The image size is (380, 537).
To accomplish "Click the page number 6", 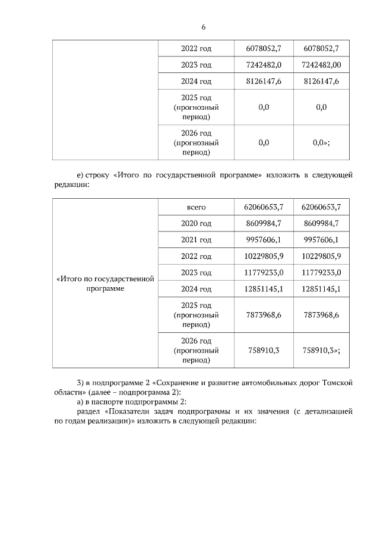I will coord(204,27).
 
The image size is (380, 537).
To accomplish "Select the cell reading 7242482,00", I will coord(321,65).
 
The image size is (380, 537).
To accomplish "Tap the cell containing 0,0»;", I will coord(321,142).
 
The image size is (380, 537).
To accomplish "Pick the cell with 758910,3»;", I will coord(321,350).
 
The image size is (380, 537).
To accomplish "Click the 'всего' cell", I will coord(196,206).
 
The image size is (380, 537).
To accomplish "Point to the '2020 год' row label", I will coord(196,223).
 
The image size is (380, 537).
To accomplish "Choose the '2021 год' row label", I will coord(196,240).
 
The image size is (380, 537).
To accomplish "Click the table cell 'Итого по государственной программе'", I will coord(104,282).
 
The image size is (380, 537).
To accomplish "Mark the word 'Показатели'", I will coord(129,411).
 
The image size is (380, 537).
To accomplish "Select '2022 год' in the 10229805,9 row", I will coord(196,256).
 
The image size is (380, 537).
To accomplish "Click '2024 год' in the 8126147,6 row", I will coord(196,81).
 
